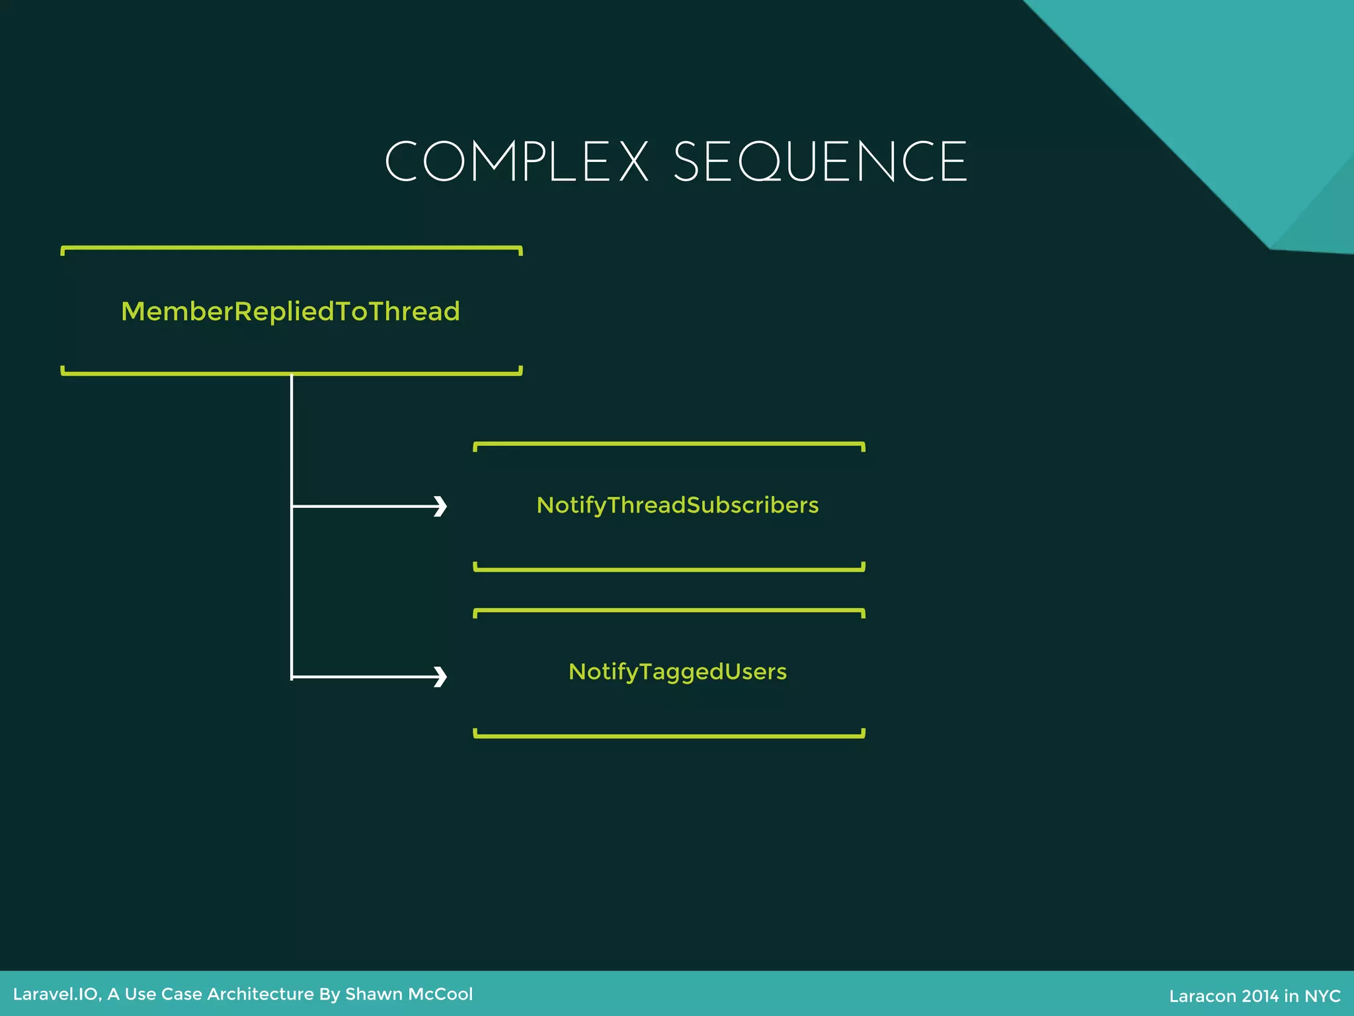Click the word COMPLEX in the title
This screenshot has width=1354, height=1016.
pyautogui.click(x=516, y=162)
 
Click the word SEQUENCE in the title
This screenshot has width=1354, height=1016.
pyautogui.click(x=820, y=162)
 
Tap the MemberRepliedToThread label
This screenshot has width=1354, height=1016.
pyautogui.click(x=290, y=312)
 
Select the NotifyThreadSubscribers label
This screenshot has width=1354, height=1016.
pyautogui.click(x=678, y=505)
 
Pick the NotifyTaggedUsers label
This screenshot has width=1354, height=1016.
pyautogui.click(x=678, y=672)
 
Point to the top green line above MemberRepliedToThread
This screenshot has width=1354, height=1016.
pyautogui.click(x=292, y=248)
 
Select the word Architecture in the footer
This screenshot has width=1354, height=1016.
pyautogui.click(x=260, y=994)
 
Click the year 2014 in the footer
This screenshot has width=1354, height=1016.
pyautogui.click(x=1260, y=996)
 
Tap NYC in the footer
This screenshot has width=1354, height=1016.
pyautogui.click(x=1322, y=996)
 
